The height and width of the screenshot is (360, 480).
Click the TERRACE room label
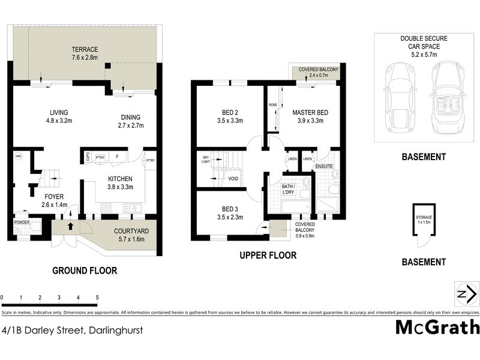tap(85, 49)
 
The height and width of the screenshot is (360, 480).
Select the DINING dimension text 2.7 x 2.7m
tap(131, 125)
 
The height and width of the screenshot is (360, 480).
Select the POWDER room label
tap(22, 222)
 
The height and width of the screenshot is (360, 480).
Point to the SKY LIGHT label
tap(206, 158)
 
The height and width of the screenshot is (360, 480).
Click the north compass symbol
tap(466, 294)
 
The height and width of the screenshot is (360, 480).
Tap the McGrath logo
tap(437, 327)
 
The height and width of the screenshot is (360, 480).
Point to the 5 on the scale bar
tap(97, 298)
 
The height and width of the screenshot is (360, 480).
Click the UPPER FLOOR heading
tap(268, 256)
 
